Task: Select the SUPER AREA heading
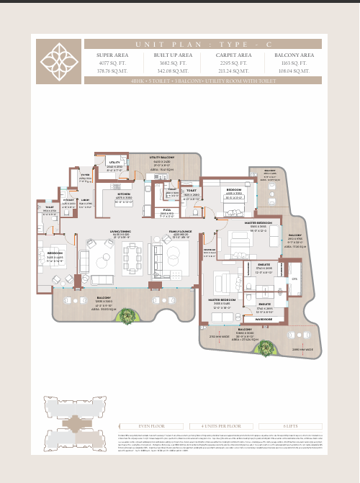[112, 55]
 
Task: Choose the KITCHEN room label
[125, 194]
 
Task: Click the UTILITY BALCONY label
[162, 156]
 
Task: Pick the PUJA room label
[167, 210]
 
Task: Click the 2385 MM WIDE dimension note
[302, 350]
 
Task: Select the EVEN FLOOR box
[152, 426]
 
